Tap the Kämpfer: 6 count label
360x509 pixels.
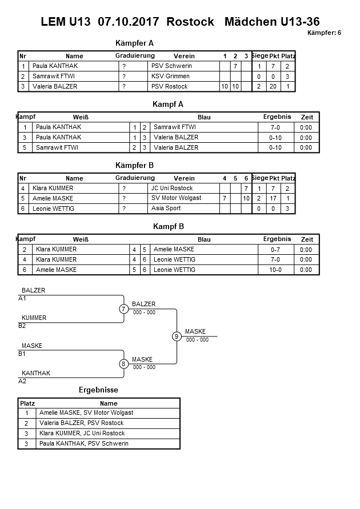coord(324,33)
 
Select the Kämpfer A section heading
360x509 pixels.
coord(134,43)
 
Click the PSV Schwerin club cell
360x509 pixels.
coord(171,66)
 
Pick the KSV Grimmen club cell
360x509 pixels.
coord(170,77)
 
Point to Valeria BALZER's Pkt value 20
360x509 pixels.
coord(274,87)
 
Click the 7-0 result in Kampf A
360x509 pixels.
coord(275,127)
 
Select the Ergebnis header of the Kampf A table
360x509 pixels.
coord(277,117)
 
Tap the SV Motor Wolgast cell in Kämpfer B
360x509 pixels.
coord(177,198)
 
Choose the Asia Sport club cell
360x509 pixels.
coord(166,209)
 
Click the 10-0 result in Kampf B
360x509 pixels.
coord(275,270)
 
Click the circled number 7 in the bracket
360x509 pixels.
coord(124,309)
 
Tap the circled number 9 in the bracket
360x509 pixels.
coord(177,336)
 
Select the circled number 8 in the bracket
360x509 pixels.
coord(124,364)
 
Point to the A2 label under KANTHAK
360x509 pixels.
coord(22,380)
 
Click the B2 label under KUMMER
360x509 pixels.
coord(22,326)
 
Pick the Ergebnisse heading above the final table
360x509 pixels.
coord(98,390)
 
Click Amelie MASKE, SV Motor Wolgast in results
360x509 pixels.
coord(86,413)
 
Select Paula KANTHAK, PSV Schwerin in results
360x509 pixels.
coord(84,444)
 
